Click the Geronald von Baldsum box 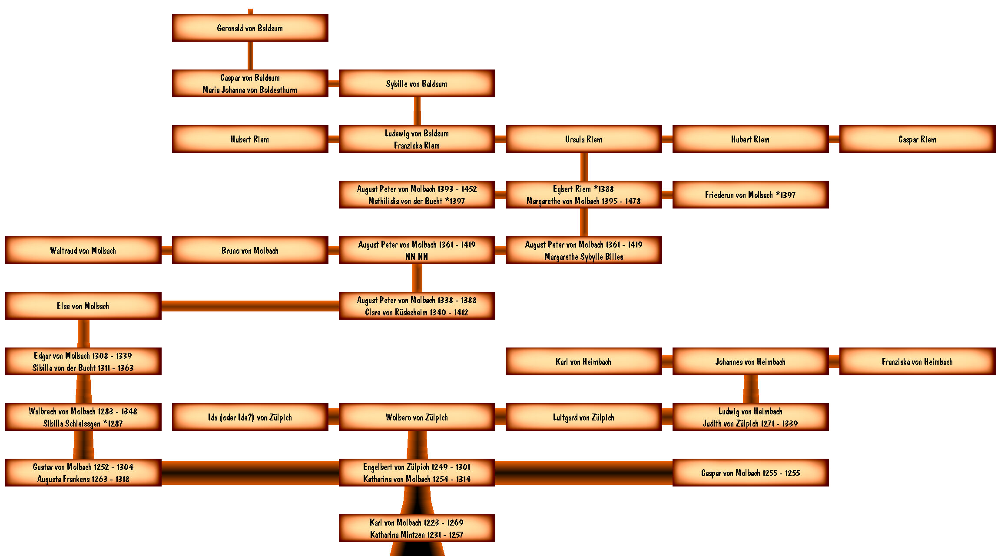pos(250,28)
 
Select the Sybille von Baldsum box pos(417,83)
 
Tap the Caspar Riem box pos(918,139)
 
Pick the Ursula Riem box pos(584,139)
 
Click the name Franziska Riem pos(417,146)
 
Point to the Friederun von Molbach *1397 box pos(751,195)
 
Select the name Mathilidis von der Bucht pos(405,201)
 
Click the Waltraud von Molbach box pos(83,250)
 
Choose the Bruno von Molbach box pos(250,250)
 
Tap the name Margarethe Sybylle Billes pos(584,257)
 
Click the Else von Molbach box pos(83,306)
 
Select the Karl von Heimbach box pos(584,361)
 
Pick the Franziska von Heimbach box pos(918,361)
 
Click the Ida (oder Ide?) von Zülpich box pos(250,417)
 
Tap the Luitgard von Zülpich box pos(584,417)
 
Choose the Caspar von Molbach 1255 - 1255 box pos(751,473)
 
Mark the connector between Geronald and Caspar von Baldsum pos(250,56)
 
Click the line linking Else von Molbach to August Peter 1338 pos(250,306)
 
